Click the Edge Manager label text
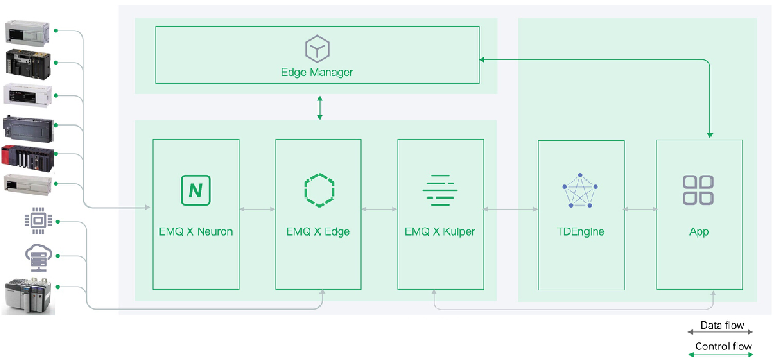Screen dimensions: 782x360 click(317, 72)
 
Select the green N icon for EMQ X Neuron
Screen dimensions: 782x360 click(195, 190)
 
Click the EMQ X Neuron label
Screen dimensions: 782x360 click(195, 231)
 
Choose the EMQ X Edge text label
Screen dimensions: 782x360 click(318, 231)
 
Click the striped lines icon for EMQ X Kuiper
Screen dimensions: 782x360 click(440, 190)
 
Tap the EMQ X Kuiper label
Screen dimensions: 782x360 click(440, 231)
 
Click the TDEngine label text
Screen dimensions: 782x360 click(580, 231)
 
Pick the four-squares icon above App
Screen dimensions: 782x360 click(698, 190)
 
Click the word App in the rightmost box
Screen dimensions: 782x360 click(699, 232)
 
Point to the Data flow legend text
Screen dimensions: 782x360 click(722, 325)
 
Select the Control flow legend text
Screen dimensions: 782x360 click(723, 346)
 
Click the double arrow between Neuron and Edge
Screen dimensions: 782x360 click(257, 209)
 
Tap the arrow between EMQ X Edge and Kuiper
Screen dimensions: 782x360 click(379, 209)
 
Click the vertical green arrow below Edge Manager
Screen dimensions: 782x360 click(319, 108)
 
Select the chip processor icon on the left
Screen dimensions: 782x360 click(39, 221)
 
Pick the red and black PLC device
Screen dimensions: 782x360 click(28, 159)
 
